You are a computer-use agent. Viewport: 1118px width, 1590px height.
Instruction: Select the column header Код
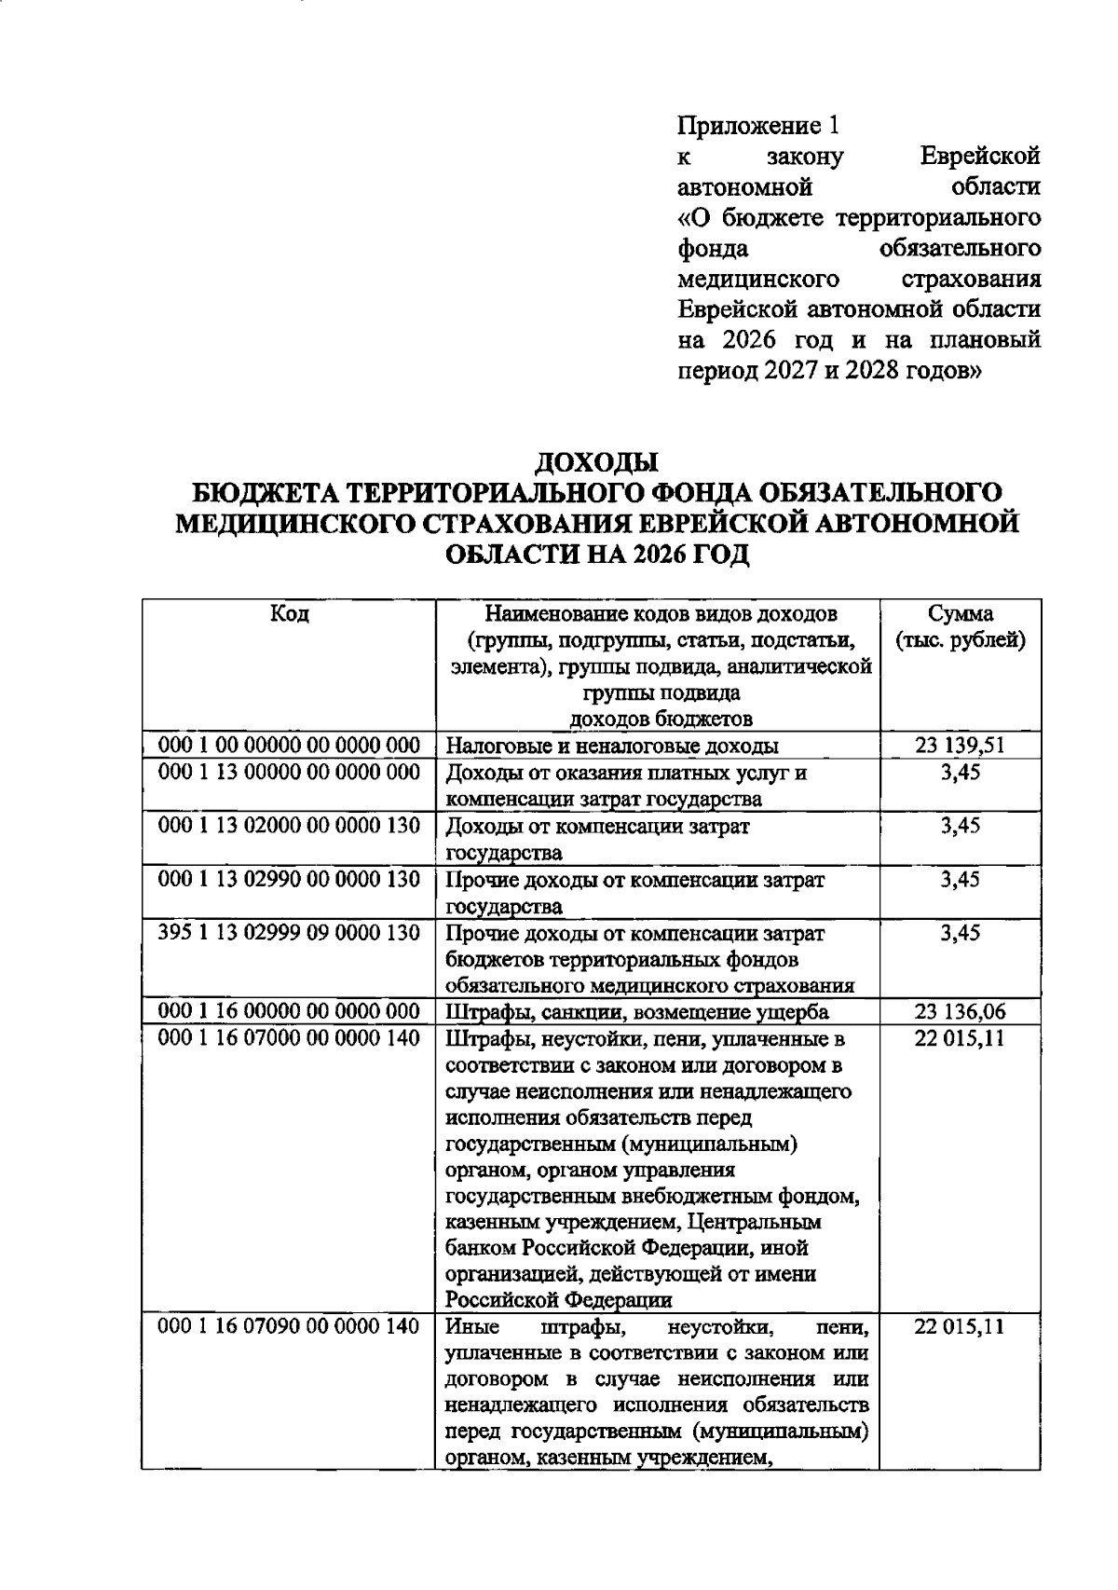pyautogui.click(x=289, y=614)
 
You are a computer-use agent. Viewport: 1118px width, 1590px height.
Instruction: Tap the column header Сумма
pyautogui.click(x=961, y=614)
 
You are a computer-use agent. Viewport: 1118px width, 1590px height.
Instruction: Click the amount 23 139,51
pyautogui.click(x=961, y=746)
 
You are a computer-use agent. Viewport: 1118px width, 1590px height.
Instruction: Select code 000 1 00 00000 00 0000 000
pyautogui.click(x=289, y=746)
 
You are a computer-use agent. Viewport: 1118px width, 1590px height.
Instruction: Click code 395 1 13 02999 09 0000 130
pyautogui.click(x=289, y=933)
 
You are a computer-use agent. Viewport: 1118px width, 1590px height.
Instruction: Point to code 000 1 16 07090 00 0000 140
pyautogui.click(x=289, y=1327)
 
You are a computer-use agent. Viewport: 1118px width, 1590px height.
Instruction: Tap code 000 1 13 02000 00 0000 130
pyautogui.click(x=289, y=826)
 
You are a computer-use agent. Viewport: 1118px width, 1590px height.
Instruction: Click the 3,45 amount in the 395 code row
pyautogui.click(x=961, y=933)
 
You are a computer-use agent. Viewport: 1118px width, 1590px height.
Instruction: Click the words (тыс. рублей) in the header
pyautogui.click(x=961, y=641)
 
